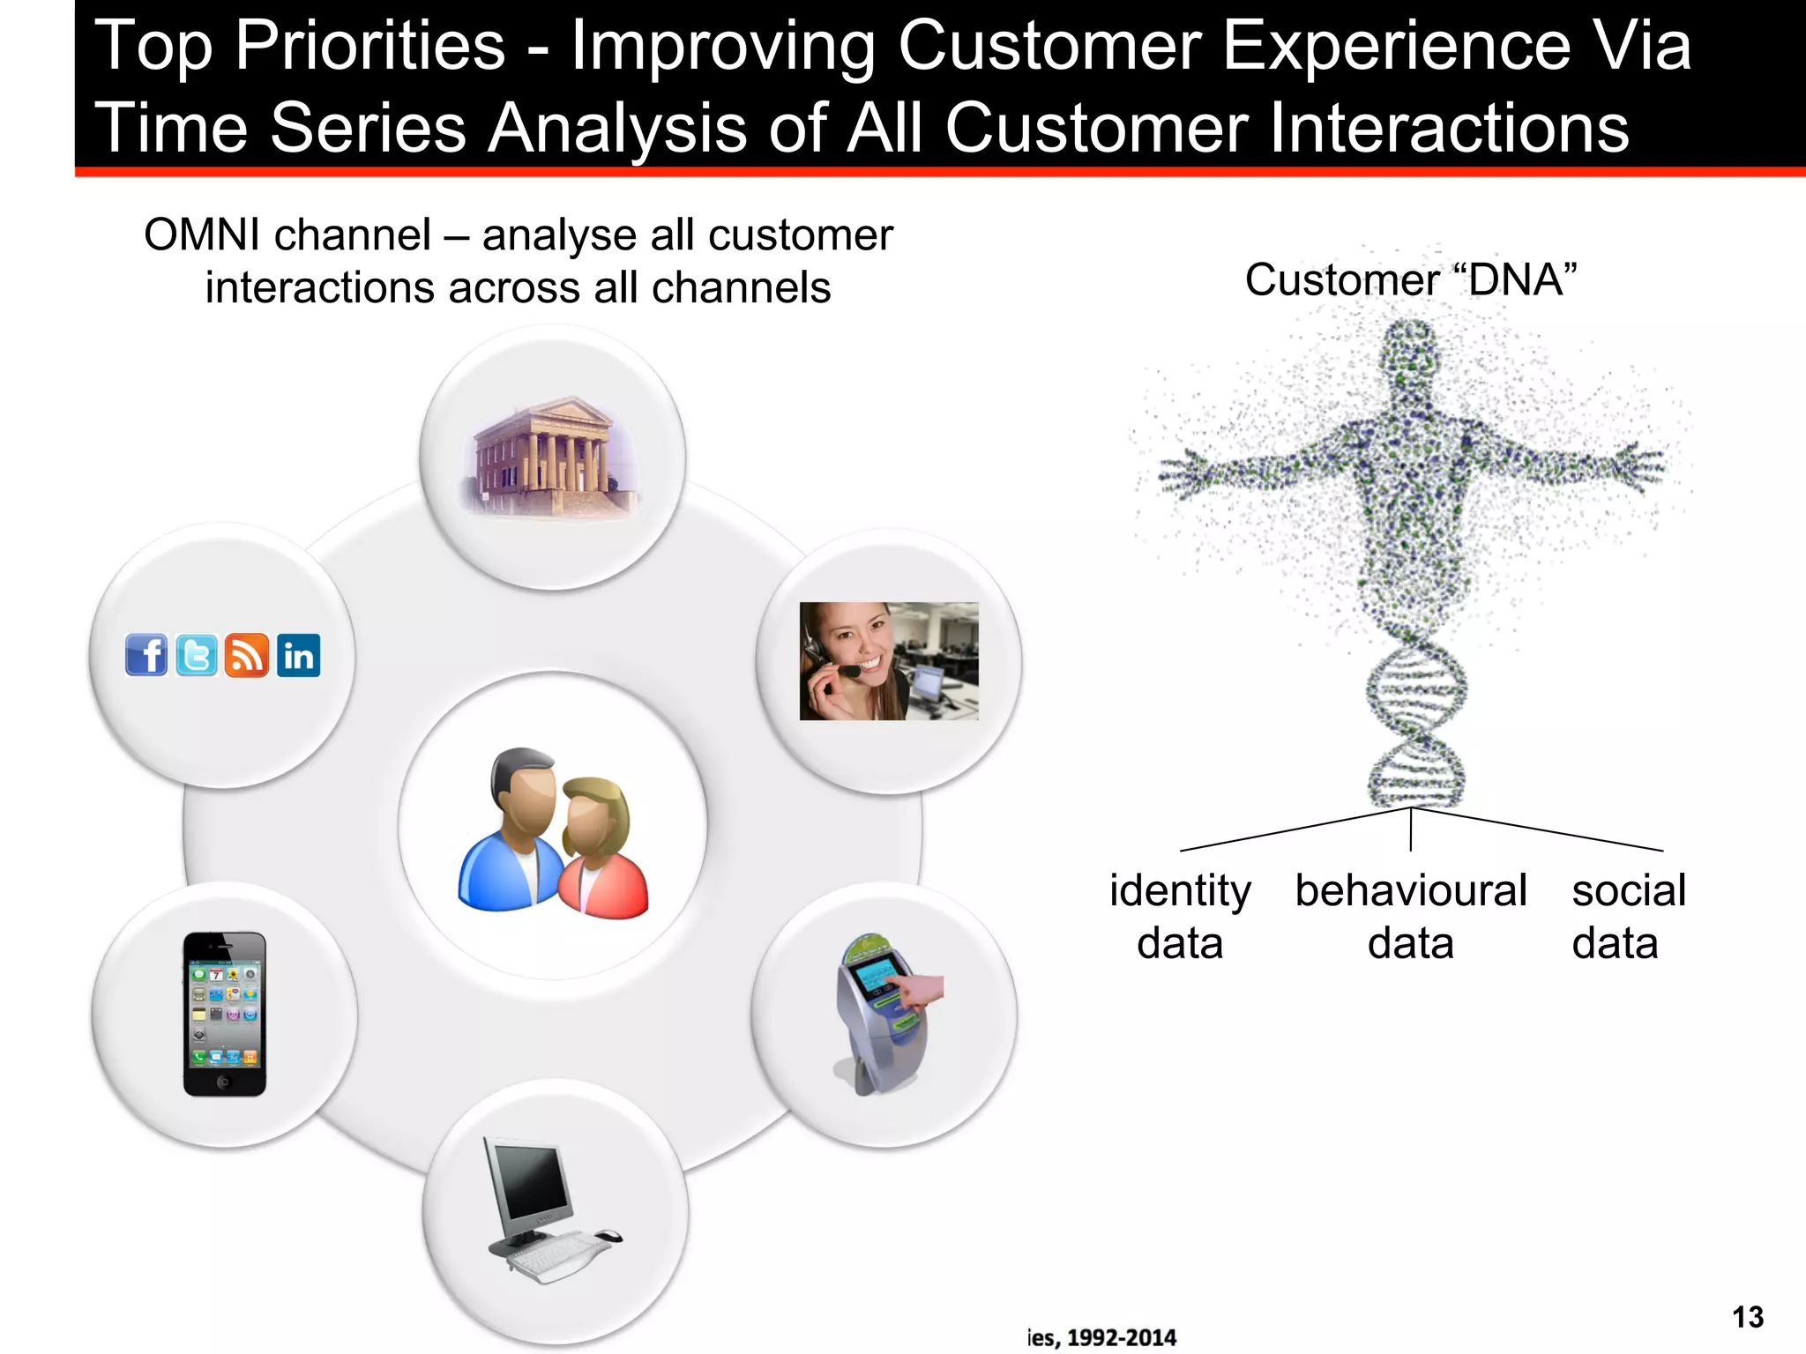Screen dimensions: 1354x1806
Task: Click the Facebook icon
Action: point(146,655)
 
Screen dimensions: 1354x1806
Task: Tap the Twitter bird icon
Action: point(196,655)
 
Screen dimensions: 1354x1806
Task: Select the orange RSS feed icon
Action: point(247,655)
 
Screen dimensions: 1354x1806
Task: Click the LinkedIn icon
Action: point(299,655)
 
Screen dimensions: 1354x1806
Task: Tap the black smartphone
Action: point(224,1014)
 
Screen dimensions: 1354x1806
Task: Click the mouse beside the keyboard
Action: point(607,1235)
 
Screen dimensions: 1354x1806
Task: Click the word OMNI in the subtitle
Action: point(202,235)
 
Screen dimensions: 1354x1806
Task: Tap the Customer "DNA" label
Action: point(1410,280)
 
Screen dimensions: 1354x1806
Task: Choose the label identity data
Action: point(1180,917)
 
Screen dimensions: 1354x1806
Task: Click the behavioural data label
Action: point(1410,917)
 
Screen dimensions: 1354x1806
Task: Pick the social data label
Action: point(1628,917)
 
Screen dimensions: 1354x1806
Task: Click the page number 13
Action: point(1747,1317)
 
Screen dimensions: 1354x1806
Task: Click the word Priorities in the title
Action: point(369,46)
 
